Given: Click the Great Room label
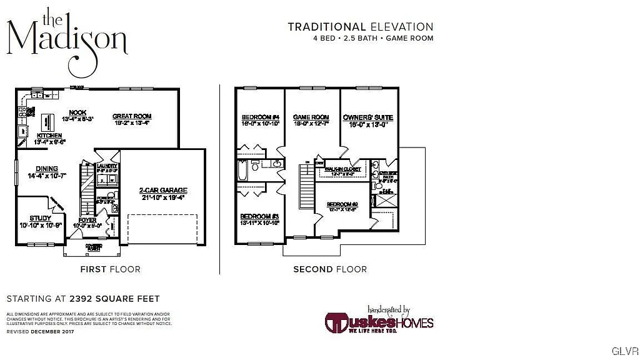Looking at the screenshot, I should (x=132, y=116).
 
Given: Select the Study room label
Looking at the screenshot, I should (x=40, y=218).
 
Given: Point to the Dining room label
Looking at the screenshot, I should (x=47, y=169).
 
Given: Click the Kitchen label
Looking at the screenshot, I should (x=49, y=136).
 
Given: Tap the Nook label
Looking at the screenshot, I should (x=78, y=112).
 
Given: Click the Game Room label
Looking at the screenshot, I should (x=311, y=117).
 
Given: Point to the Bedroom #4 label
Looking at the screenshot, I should (x=260, y=117).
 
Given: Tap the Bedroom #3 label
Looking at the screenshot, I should (x=259, y=216).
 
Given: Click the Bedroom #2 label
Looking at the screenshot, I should (x=342, y=204).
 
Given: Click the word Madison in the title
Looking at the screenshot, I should (x=67, y=39).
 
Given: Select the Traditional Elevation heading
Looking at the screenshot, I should (x=360, y=27).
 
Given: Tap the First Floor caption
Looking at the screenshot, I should (x=110, y=269).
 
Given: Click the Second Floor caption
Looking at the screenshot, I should (x=330, y=269).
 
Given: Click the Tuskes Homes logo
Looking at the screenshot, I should (x=379, y=321).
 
